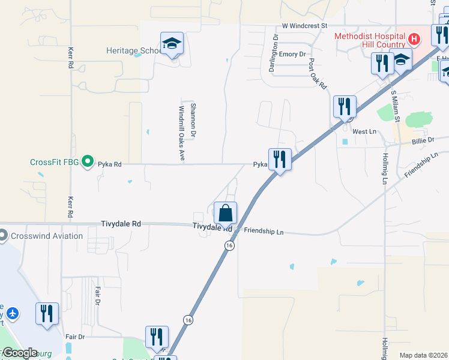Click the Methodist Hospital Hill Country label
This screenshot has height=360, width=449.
point(369,40)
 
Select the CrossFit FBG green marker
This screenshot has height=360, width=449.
point(88,161)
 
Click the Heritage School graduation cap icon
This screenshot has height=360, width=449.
point(172,43)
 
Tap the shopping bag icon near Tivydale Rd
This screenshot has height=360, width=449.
point(225,213)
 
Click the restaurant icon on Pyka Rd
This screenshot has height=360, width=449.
point(280,160)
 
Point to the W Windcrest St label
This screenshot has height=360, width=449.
point(304,26)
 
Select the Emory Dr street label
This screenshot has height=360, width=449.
point(292,54)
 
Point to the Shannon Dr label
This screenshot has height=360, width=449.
point(193,119)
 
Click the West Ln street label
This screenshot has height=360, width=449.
point(364,131)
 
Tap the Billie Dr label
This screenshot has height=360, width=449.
point(423,140)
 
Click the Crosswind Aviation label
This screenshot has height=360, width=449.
point(45,236)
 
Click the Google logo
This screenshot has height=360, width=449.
point(19,353)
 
